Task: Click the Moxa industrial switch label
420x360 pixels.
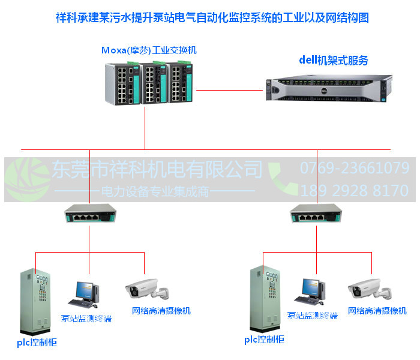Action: tap(149, 50)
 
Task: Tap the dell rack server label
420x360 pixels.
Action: tap(333, 60)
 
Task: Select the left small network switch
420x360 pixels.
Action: tap(89, 214)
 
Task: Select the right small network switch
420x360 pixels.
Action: tap(316, 214)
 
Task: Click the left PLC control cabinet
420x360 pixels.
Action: tap(35, 302)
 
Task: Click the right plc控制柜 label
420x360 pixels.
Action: tap(264, 340)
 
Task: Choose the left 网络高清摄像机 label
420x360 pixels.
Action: tap(161, 310)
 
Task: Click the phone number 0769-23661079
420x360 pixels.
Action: tap(354, 168)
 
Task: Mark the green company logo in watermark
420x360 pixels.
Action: tap(27, 179)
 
